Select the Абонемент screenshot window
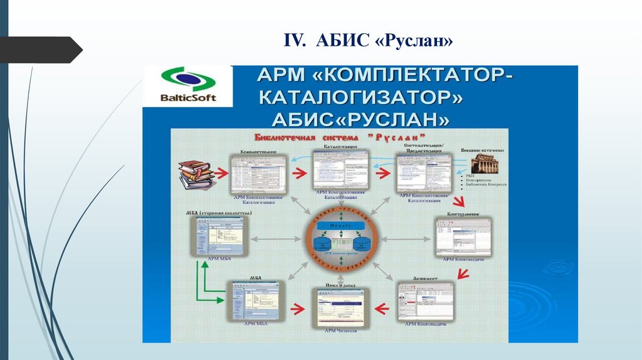pos(424,300)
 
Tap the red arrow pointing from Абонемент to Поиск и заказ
pos(382,307)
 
